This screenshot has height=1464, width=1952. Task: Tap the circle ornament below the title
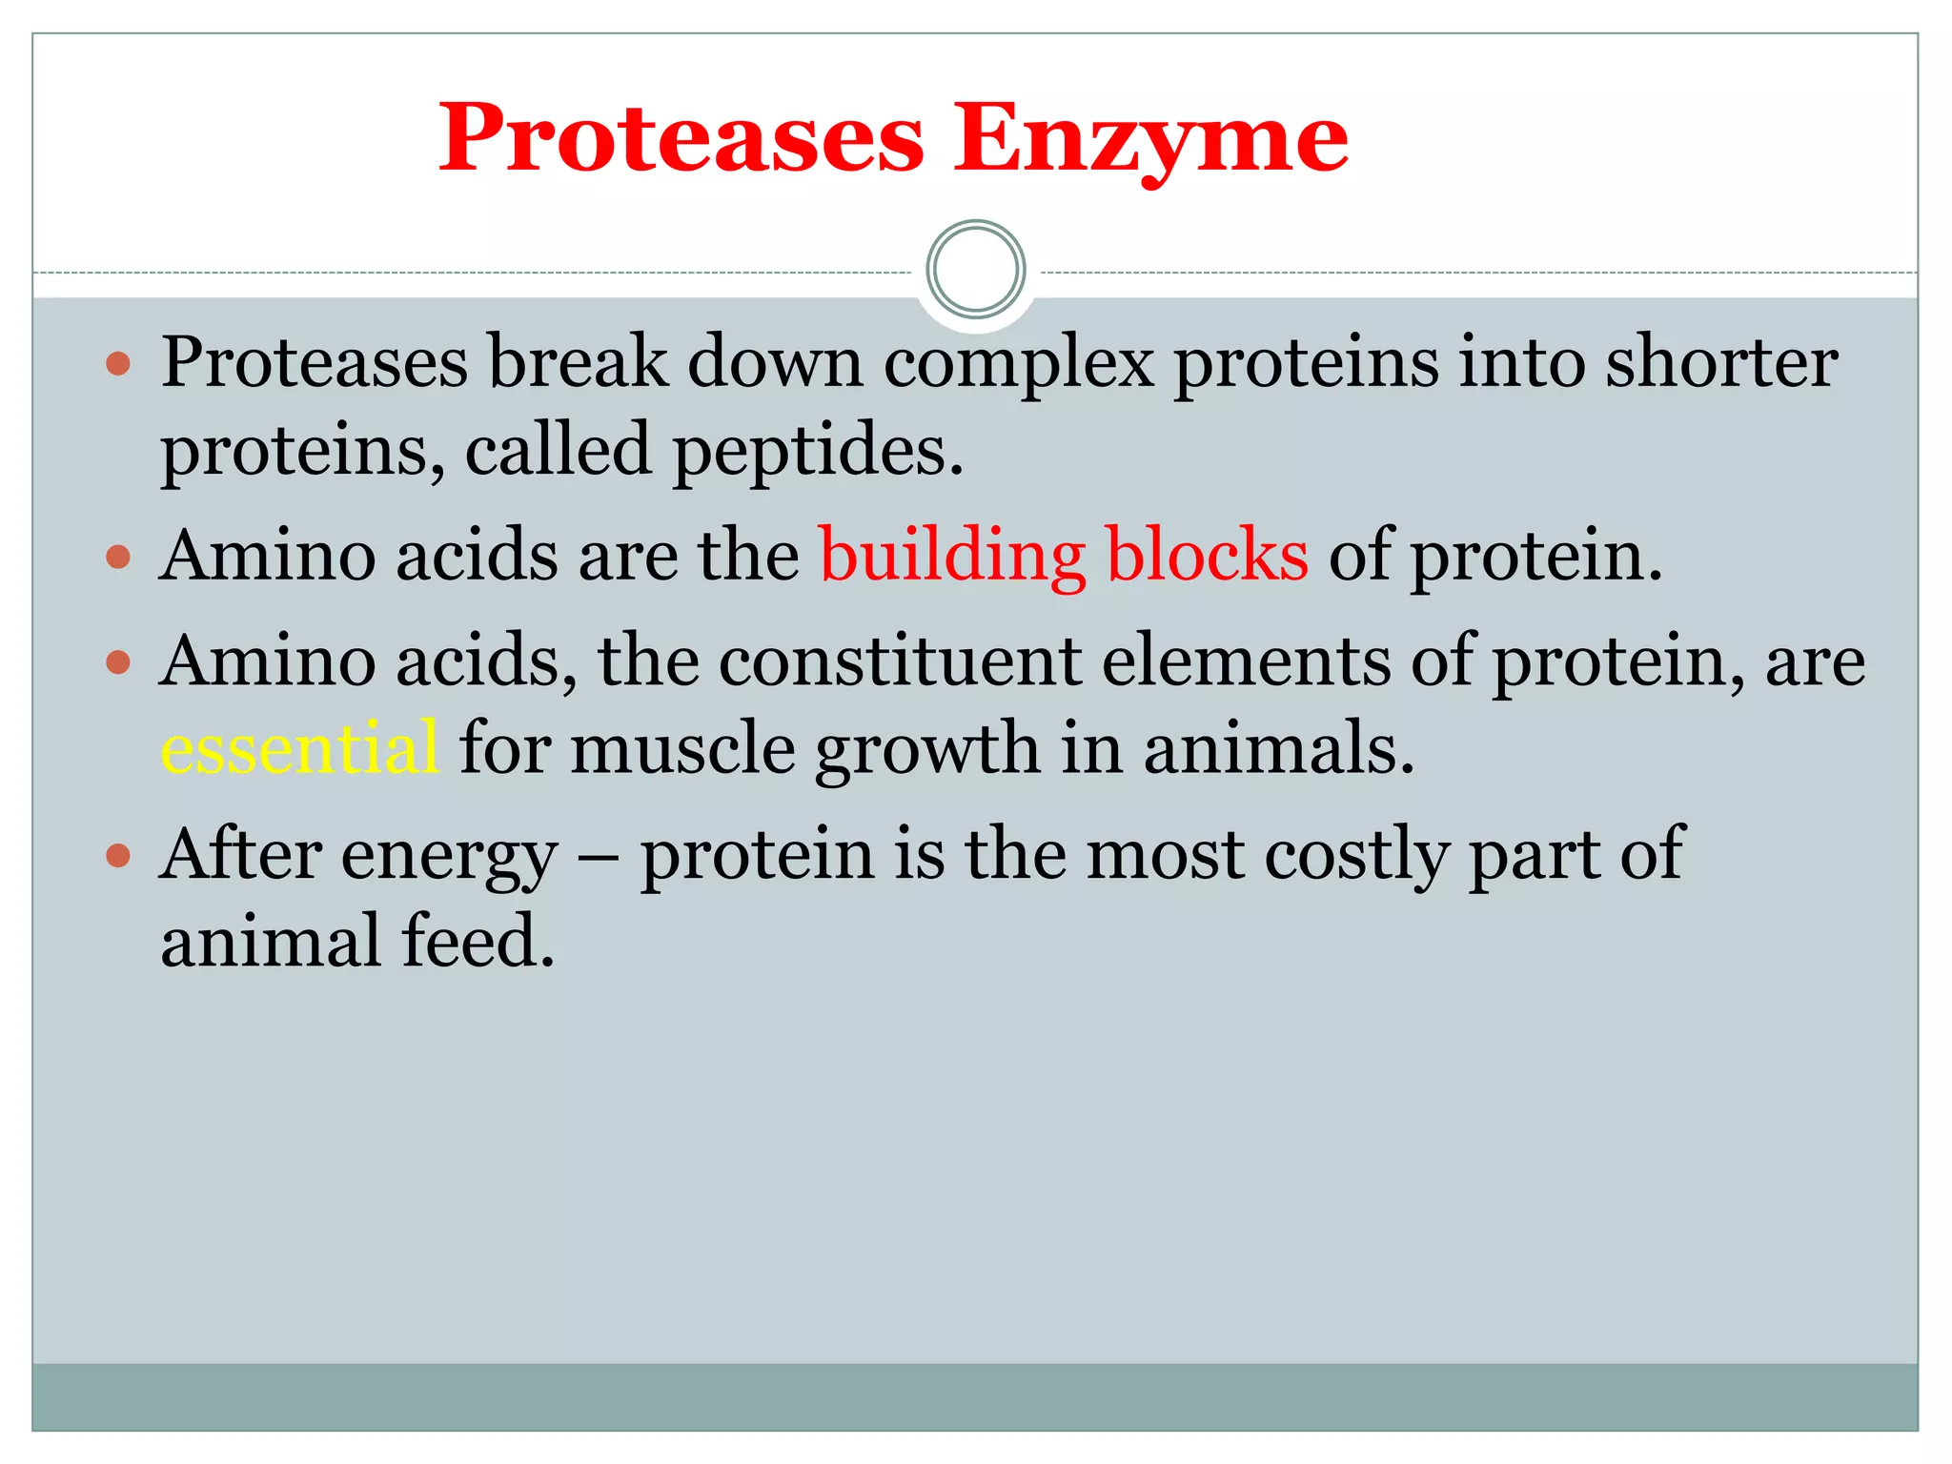click(975, 270)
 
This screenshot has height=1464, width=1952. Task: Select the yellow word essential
click(299, 748)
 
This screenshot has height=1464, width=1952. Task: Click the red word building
click(951, 556)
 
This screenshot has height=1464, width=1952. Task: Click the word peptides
click(818, 451)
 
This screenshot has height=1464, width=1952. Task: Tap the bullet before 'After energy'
click(118, 854)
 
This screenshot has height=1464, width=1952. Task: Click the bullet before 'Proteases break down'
click(118, 363)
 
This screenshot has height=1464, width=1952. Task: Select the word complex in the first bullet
click(1018, 363)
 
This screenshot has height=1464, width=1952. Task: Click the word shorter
click(1721, 363)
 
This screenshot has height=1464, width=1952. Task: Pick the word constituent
click(900, 661)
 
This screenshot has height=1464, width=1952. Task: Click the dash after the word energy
click(599, 856)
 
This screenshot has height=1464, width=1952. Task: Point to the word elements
click(1246, 661)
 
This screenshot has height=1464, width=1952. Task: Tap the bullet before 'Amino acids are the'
click(118, 557)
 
